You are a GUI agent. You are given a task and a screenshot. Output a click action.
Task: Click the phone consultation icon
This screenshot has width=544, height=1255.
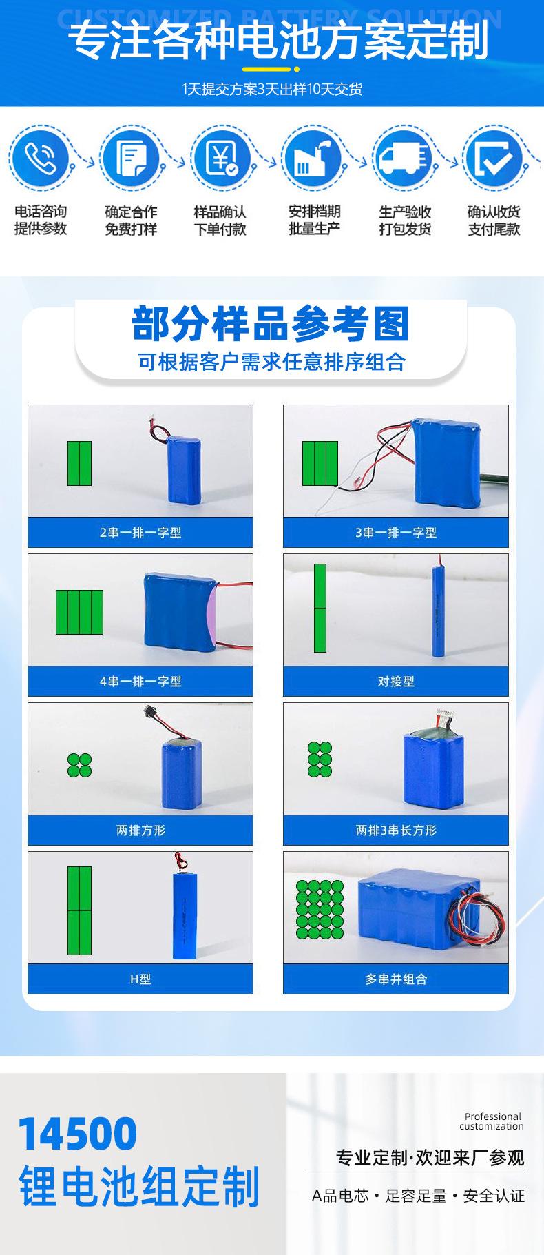(40, 158)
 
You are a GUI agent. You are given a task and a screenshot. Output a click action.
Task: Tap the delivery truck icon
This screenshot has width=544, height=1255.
(404, 158)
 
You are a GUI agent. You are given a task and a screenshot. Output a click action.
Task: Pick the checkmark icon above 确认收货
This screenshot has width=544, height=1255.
(494, 158)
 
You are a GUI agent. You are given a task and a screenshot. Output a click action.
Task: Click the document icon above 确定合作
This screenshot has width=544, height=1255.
(131, 158)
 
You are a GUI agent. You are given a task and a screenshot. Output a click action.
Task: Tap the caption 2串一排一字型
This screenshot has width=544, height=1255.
(140, 533)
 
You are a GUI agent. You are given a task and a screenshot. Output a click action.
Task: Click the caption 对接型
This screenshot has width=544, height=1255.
(396, 682)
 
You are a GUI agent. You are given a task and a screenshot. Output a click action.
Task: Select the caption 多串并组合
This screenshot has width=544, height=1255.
(396, 979)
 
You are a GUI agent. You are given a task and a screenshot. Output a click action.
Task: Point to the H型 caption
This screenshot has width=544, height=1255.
(140, 979)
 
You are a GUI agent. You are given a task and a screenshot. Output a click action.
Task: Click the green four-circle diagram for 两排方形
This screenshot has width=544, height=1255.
(79, 765)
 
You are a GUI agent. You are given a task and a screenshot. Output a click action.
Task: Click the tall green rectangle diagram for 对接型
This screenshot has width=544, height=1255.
(320, 608)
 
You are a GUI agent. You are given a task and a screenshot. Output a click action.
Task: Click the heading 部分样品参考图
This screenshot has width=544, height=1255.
(271, 324)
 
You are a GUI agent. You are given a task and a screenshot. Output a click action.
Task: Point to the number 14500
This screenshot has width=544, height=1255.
(78, 1134)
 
